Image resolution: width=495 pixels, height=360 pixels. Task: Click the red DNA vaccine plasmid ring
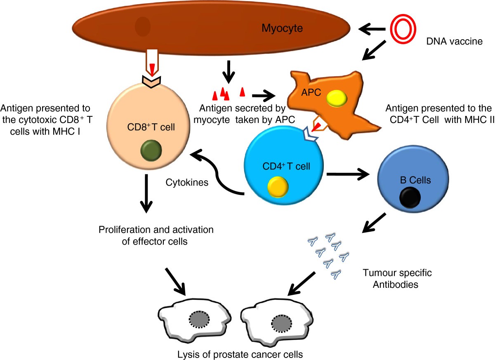(x=391, y=29)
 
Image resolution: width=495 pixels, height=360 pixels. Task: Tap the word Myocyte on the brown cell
(x=282, y=28)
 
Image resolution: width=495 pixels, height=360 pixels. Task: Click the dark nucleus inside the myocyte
(x=143, y=26)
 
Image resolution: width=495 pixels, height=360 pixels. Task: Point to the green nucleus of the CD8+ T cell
(x=151, y=151)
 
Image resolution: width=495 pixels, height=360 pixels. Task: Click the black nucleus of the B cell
(x=410, y=198)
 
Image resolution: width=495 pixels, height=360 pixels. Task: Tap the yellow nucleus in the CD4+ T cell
(x=278, y=187)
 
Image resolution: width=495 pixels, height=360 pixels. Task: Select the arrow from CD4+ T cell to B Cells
(x=348, y=174)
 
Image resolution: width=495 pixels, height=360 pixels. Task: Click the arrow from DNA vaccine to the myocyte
(x=372, y=29)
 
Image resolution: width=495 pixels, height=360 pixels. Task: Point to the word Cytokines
(x=187, y=182)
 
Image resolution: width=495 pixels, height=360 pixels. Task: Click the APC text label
(x=311, y=92)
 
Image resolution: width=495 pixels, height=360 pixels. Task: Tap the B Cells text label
(x=415, y=180)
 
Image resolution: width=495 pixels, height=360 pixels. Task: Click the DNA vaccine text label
(x=454, y=41)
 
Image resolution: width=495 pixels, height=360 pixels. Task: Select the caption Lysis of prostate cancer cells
(x=240, y=355)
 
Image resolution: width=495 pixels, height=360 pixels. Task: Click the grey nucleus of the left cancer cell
(x=199, y=319)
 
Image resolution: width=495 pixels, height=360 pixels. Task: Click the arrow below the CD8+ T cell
(x=146, y=194)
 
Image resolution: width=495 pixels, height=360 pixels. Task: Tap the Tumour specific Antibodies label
(x=397, y=278)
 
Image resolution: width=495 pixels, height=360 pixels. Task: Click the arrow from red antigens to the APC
(x=264, y=96)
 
